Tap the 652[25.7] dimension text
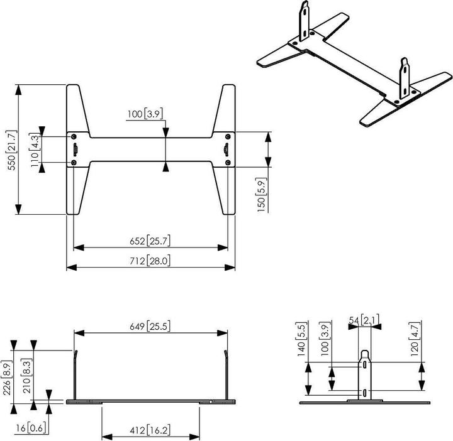(150, 240)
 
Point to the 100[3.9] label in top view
(145, 114)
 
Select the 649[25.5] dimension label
(150, 326)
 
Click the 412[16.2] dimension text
(151, 431)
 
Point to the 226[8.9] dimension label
(6, 375)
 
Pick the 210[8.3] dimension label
(26, 375)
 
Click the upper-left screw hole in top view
(75, 136)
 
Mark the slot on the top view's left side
(75, 150)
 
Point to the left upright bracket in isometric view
(305, 20)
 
